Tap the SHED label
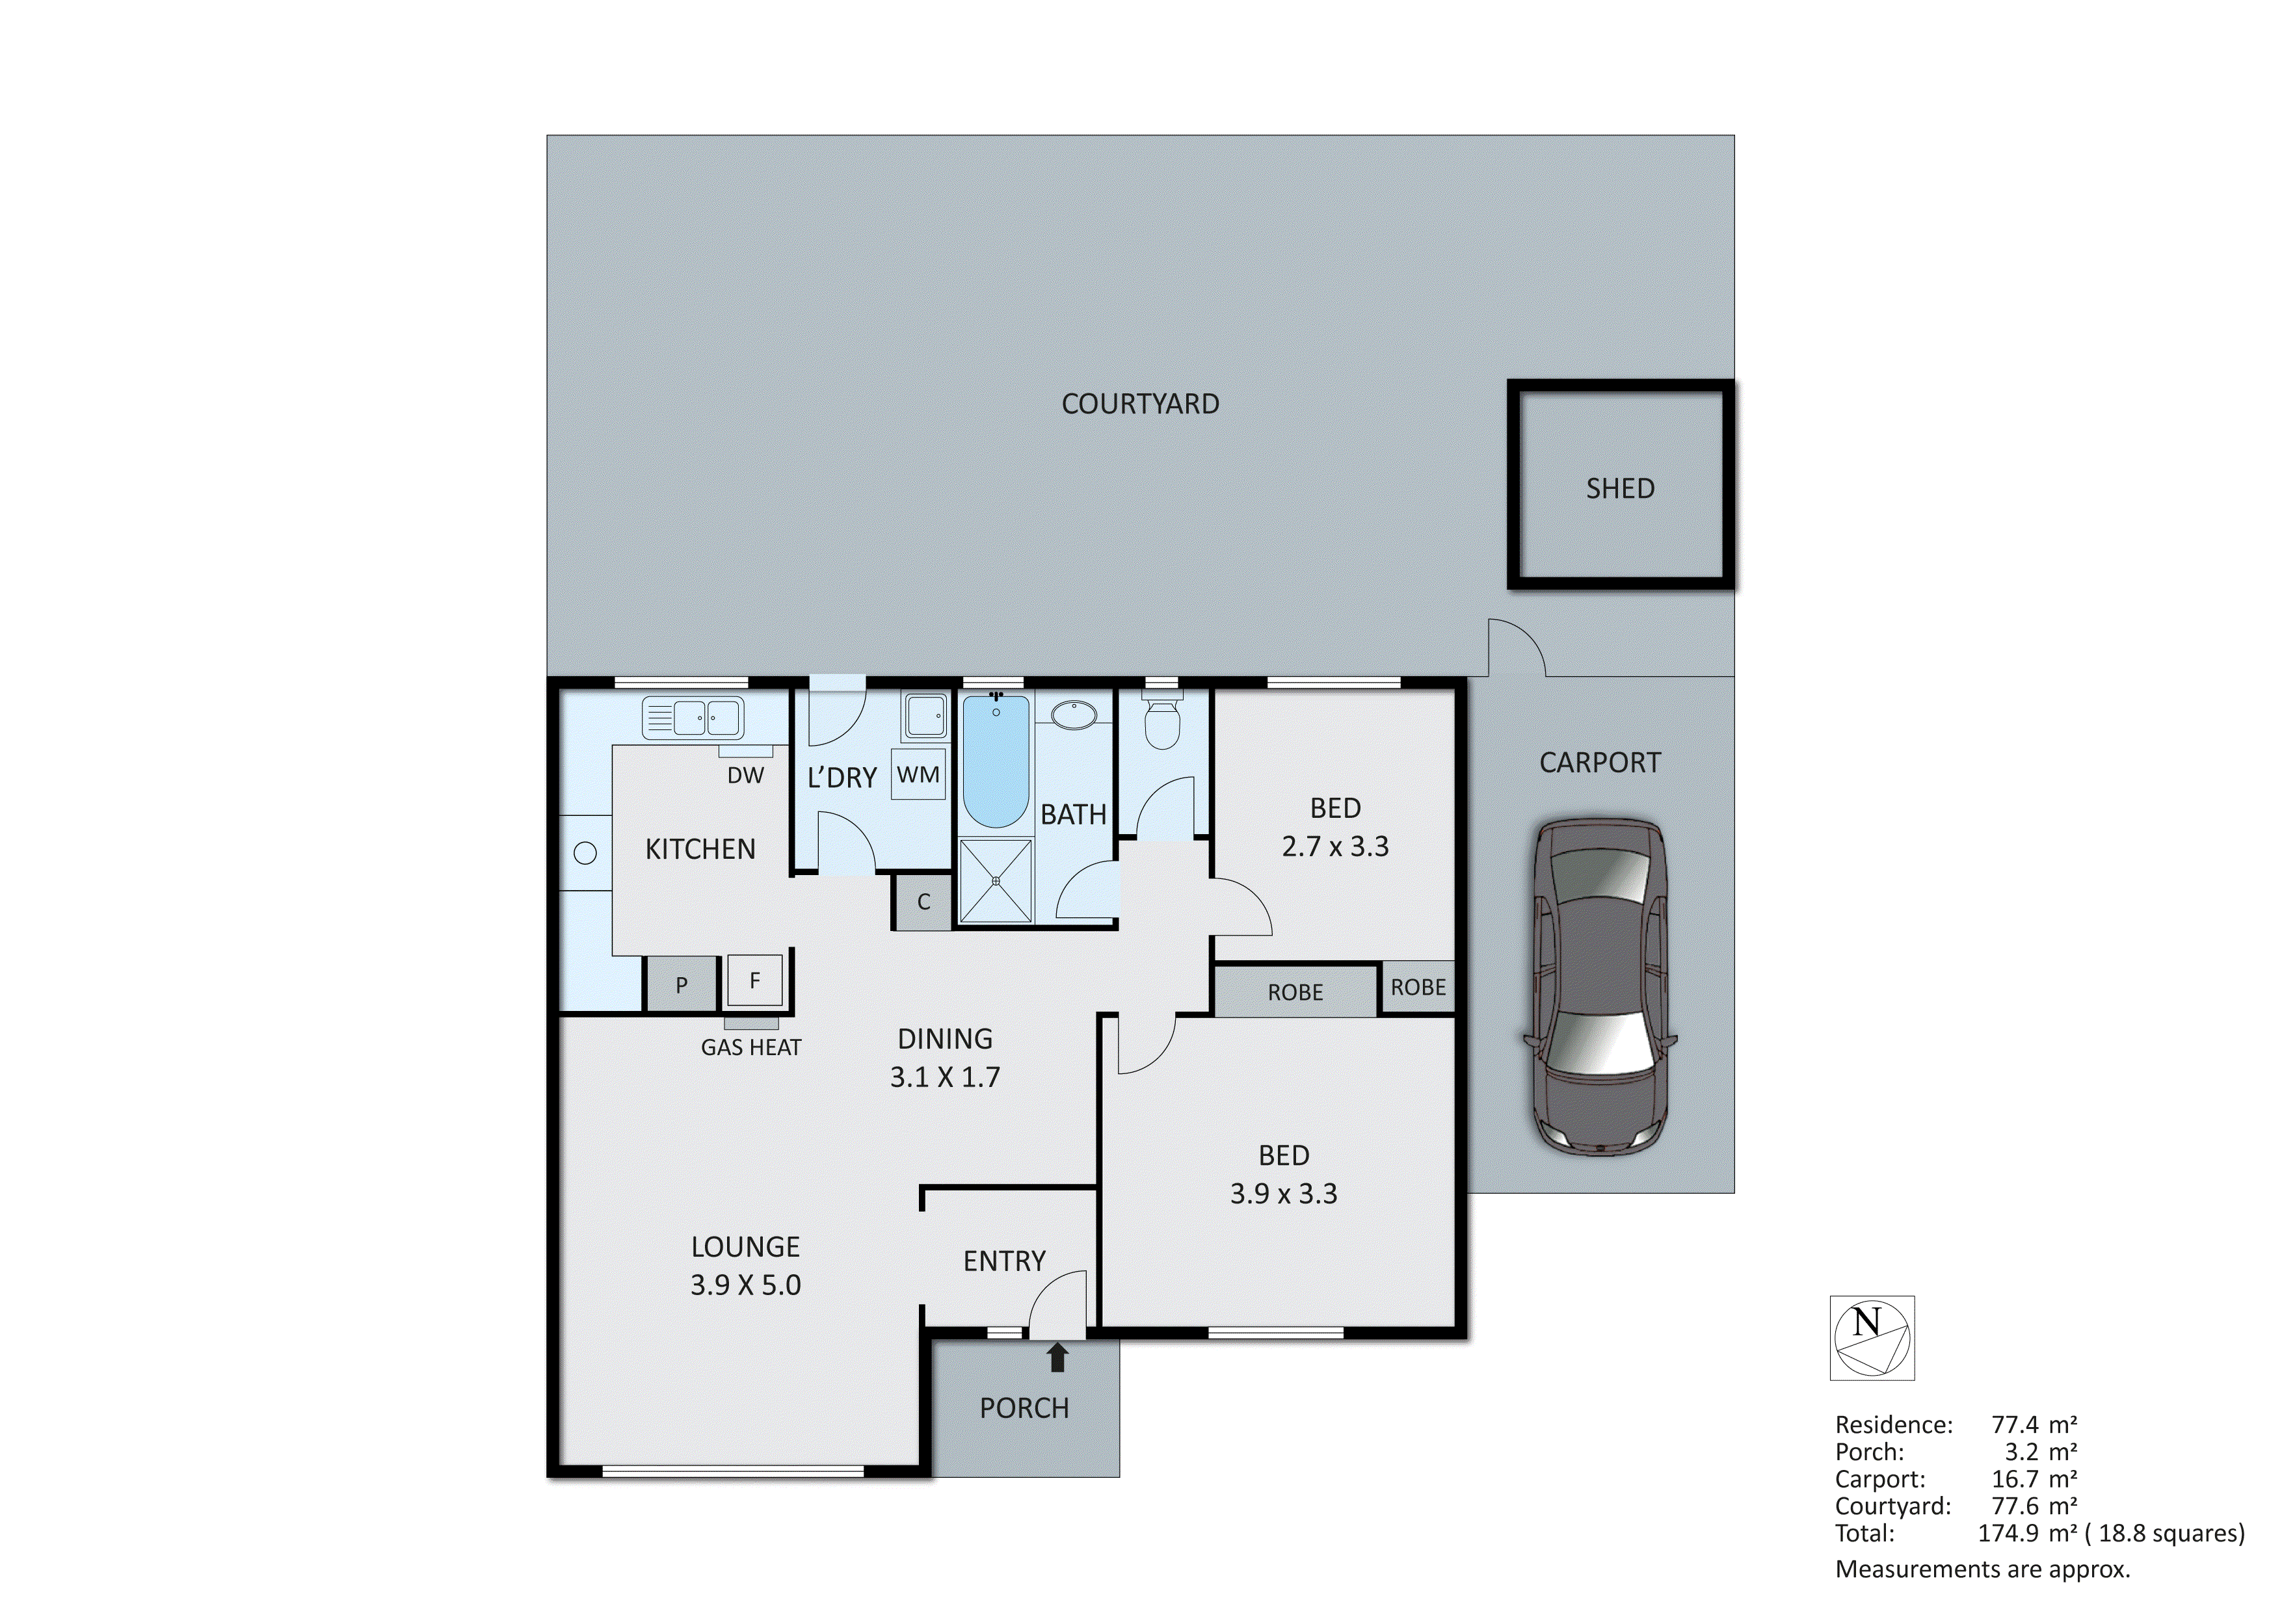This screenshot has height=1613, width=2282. [x=1619, y=488]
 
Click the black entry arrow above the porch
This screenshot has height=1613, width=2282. [x=1057, y=1357]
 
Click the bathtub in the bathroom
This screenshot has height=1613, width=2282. [x=995, y=760]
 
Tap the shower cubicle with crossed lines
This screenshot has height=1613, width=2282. [x=995, y=880]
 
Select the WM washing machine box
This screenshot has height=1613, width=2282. [x=918, y=774]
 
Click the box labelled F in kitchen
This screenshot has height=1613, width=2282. [x=754, y=981]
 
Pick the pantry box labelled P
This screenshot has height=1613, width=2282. [x=682, y=985]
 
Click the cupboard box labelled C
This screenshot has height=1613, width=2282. [x=923, y=901]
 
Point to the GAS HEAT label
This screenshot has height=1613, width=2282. [x=750, y=1047]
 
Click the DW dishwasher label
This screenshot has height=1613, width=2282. [x=745, y=775]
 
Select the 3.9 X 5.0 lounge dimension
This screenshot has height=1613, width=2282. [x=745, y=1285]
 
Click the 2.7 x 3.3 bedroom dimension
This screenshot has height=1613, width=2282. [x=1335, y=846]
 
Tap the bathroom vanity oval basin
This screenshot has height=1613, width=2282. [x=1074, y=715]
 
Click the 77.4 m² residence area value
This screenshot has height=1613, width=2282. [x=2034, y=1424]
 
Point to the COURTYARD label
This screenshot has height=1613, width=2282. [x=1140, y=404]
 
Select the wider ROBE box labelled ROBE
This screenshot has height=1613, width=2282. [x=1295, y=992]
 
